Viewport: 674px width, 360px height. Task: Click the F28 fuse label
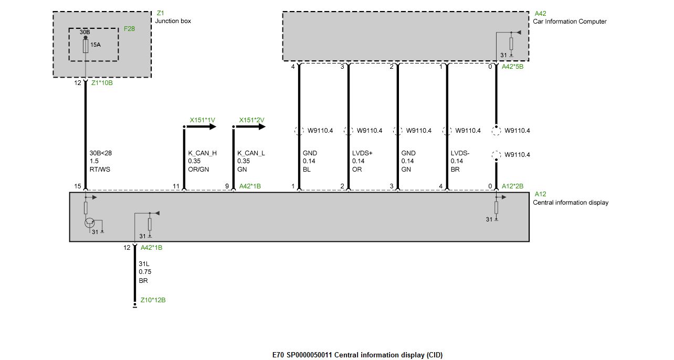click(129, 29)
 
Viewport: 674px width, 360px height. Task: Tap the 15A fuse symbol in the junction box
click(86, 46)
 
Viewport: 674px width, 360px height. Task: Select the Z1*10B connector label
click(102, 83)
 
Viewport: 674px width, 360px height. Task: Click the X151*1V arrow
click(200, 126)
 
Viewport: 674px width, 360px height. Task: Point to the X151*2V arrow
click(249, 126)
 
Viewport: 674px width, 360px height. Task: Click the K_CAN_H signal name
click(202, 153)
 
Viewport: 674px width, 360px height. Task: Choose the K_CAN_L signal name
click(251, 153)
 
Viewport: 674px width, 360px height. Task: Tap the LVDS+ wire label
click(362, 153)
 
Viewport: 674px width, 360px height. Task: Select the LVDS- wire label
click(460, 153)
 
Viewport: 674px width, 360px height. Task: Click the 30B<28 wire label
click(100, 153)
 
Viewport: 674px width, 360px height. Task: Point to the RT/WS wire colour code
click(100, 170)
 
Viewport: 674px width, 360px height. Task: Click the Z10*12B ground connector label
click(153, 300)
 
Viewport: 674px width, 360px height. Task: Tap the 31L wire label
click(144, 264)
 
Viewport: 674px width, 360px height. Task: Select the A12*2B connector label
click(512, 186)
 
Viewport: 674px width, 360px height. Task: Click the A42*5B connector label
click(512, 67)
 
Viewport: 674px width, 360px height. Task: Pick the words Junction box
click(173, 21)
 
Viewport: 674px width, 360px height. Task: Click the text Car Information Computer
click(570, 22)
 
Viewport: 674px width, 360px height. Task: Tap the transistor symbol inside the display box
click(90, 223)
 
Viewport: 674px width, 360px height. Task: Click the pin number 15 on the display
click(78, 186)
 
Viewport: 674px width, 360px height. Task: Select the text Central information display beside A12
click(571, 203)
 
